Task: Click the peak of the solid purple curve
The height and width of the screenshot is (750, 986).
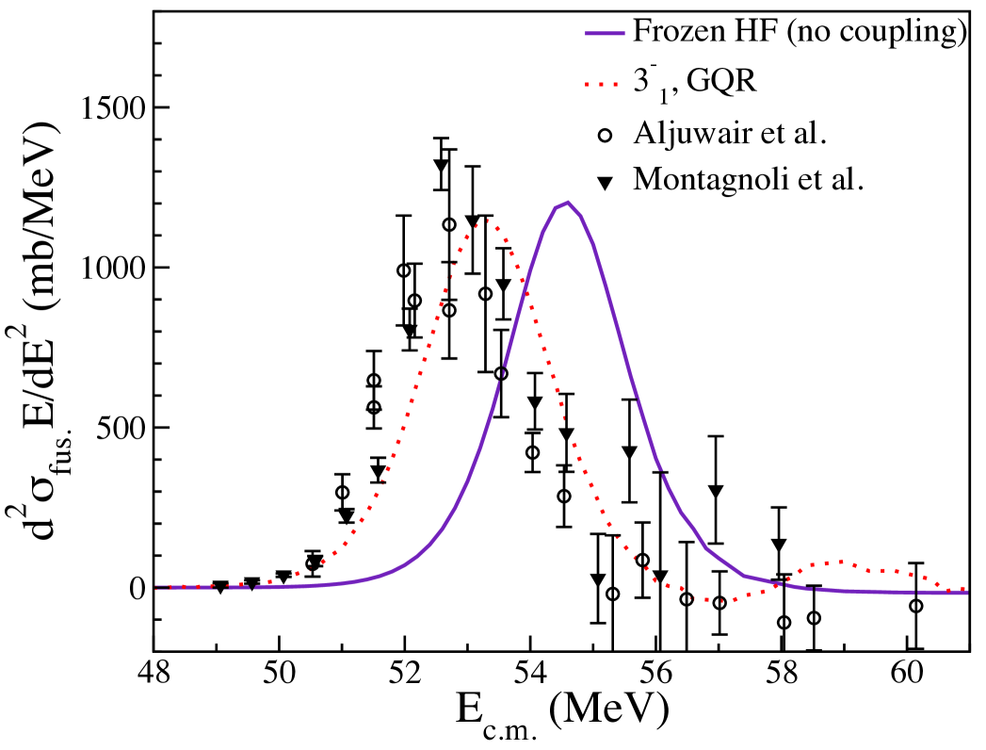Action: coord(567,203)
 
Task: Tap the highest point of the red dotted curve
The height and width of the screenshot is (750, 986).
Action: coord(487,220)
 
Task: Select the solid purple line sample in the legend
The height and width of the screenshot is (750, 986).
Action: coord(605,34)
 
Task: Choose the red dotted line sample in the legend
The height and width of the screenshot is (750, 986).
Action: coord(601,85)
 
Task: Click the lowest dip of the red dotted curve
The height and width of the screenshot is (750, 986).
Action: coord(720,600)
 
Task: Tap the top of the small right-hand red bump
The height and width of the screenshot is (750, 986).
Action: coord(840,562)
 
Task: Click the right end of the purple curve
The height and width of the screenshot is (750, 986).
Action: coord(967,593)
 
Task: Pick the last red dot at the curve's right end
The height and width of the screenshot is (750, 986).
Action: coord(963,589)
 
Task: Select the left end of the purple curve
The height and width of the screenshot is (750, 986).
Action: coord(156,587)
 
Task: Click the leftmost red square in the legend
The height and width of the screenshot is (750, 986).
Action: coord(587,85)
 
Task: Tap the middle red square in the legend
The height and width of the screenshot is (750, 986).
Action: coord(601,85)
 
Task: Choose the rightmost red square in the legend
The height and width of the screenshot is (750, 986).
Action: coord(615,85)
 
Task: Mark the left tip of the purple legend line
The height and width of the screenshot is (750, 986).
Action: coord(586,34)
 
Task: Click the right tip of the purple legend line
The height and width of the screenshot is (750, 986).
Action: coord(624,34)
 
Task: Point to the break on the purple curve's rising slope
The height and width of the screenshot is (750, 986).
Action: coord(501,373)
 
